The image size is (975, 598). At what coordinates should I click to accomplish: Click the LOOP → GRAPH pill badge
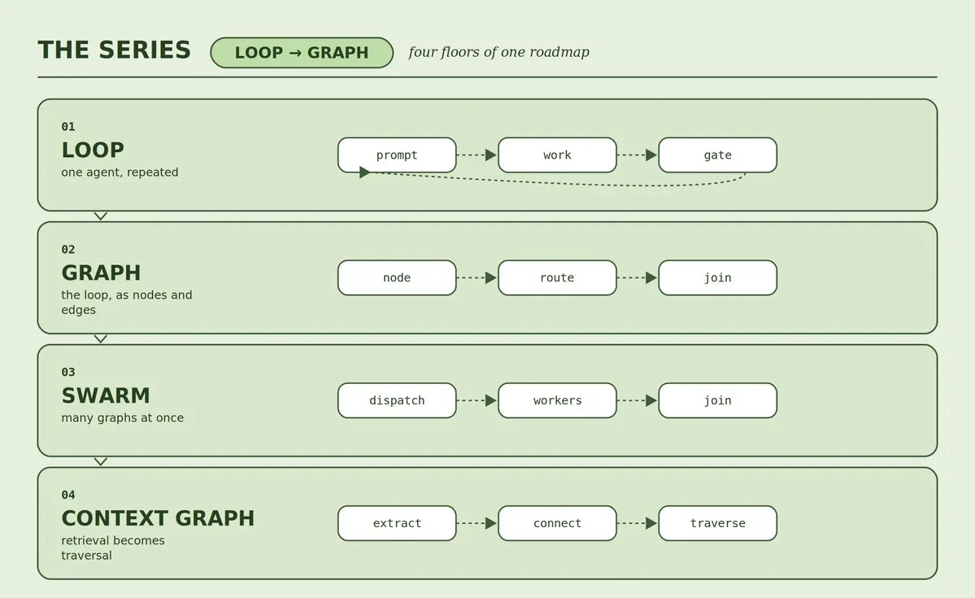[302, 52]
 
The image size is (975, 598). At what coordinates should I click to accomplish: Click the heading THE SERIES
[115, 50]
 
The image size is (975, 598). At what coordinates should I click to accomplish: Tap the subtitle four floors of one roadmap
[498, 51]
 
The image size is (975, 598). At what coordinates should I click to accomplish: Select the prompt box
[397, 155]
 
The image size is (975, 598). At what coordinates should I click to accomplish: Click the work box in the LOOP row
[557, 155]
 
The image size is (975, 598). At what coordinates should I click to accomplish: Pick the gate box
[717, 155]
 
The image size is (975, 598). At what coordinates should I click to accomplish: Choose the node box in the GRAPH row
[397, 277]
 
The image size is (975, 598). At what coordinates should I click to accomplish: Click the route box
[557, 277]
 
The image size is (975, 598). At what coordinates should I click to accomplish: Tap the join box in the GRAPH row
[717, 277]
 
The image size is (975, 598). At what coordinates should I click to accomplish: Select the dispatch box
[397, 400]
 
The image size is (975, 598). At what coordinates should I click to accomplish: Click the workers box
[557, 400]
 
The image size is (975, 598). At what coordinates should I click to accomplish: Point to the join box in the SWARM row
[717, 400]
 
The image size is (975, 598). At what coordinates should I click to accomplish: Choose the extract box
[397, 523]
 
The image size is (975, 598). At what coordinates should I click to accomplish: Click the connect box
[557, 523]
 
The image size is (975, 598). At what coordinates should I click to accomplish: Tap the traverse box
[717, 523]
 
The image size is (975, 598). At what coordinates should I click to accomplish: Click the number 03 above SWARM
[68, 372]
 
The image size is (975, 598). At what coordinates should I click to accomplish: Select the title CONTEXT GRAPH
[158, 517]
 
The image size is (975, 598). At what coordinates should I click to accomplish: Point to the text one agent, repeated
[120, 172]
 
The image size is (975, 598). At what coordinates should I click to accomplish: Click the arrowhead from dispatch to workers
[491, 400]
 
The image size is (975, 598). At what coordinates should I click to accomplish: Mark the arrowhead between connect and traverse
[651, 523]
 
